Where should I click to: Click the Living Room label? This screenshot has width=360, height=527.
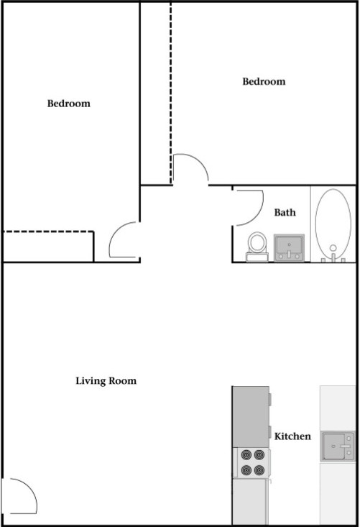pos(106,381)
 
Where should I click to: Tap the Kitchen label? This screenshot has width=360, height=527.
pos(292,436)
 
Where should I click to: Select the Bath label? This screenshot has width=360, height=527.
pos(285,212)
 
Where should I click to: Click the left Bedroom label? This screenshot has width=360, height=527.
pos(69,104)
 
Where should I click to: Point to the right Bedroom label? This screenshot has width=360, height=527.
pos(264,81)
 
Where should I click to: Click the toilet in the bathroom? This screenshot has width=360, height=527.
pos(257,247)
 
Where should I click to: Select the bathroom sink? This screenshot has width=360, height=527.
pos(289,248)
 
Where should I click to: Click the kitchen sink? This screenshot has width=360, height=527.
pos(338,446)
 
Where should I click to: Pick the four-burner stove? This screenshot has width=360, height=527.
pos(252,462)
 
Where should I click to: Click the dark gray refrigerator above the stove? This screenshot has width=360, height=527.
pos(251,417)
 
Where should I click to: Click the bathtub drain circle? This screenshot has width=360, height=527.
pos(333,248)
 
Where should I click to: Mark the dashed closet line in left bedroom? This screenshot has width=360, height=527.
pos(48,232)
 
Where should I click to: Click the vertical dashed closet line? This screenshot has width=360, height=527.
pos(170,93)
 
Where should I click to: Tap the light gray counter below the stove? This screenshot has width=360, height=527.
pos(250,501)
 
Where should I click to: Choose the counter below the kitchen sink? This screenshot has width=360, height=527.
pos(338,493)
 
